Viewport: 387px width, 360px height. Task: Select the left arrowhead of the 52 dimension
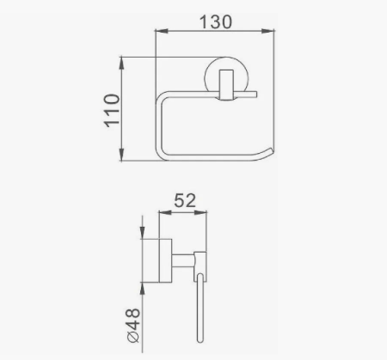point(162,214)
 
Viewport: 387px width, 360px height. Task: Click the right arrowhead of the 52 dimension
point(206,214)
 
